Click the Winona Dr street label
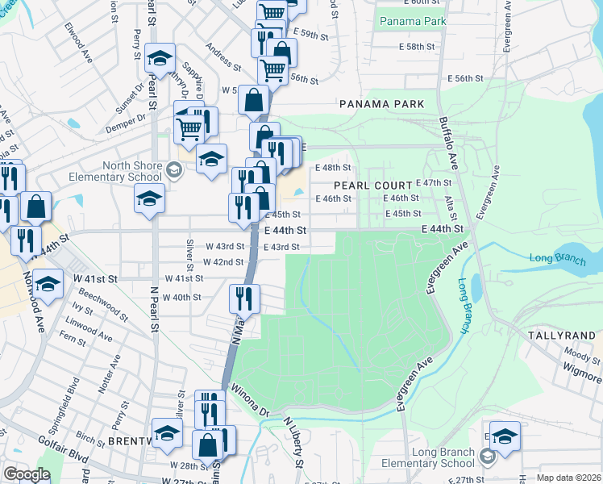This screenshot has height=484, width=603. (250, 401)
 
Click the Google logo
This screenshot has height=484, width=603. (27, 474)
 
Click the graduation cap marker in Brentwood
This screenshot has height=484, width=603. (167, 432)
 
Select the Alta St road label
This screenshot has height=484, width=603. (453, 207)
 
